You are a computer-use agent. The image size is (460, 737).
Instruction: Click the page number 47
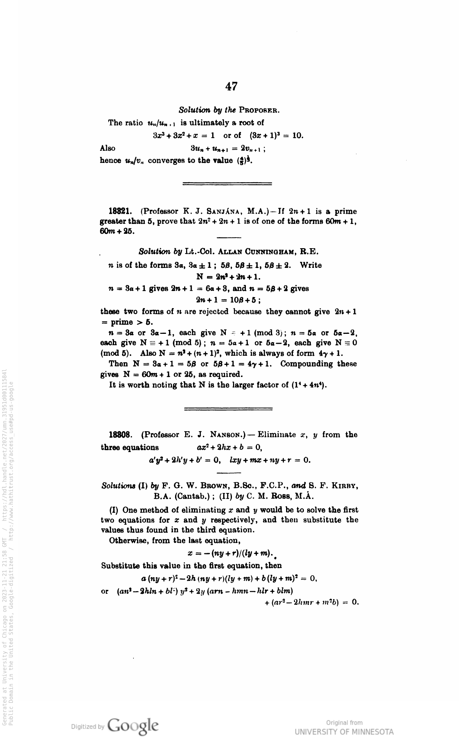231,87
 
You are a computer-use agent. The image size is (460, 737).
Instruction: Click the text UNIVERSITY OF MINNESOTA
344,731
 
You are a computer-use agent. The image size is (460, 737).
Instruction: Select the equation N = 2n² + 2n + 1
228,276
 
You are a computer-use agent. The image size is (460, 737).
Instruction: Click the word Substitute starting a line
120,566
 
